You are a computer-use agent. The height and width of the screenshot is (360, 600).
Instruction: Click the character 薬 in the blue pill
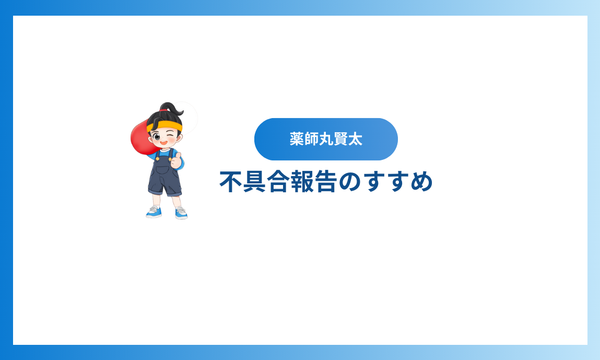tap(297, 139)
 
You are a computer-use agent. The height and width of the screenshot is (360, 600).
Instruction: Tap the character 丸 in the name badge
tap(326, 139)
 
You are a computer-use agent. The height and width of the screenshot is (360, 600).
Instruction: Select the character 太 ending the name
tap(355, 139)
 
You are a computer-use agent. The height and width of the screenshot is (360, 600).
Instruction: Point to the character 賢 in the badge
tap(340, 139)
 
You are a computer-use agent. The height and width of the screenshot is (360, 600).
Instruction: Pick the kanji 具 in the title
tap(255, 181)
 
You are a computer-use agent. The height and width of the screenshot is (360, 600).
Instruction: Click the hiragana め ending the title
tap(421, 182)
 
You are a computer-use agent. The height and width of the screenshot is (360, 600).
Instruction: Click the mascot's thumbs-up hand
tap(177, 160)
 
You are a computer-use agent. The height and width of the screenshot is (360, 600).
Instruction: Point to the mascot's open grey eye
tap(157, 137)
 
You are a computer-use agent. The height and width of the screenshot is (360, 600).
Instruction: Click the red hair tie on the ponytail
tap(163, 110)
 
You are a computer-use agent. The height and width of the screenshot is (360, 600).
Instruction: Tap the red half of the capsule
tap(141, 137)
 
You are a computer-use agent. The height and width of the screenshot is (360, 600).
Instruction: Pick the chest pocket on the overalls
tap(165, 170)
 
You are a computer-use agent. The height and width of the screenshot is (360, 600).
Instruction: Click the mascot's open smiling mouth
tap(164, 143)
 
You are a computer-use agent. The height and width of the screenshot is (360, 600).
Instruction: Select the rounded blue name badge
tap(326, 139)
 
